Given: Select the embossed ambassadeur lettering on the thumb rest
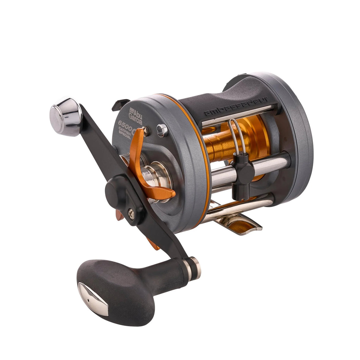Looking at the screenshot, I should (236, 106).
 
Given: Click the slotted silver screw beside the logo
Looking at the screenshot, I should (162, 129).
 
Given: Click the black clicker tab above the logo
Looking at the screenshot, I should (120, 104).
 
